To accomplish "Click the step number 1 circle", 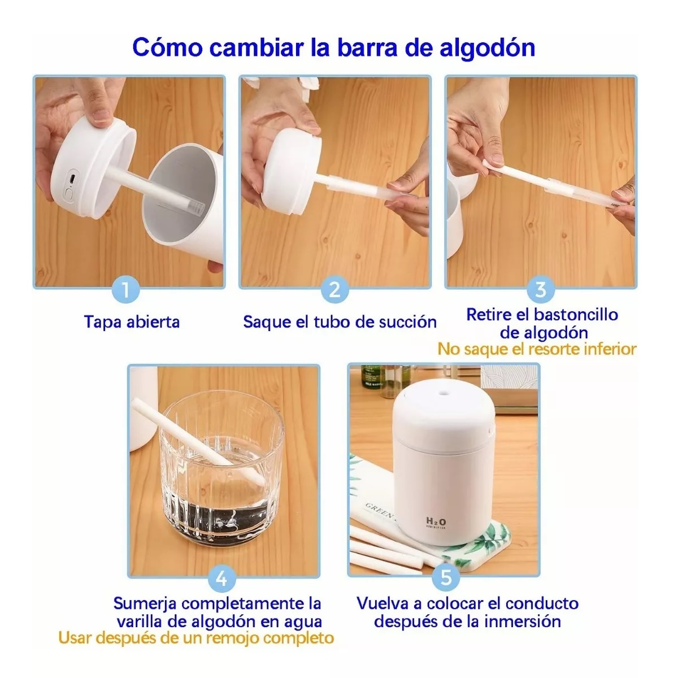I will click(x=126, y=290).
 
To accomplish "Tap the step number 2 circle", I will click(x=334, y=290).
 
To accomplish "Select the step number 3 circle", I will click(x=541, y=290).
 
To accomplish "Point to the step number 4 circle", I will click(x=221, y=577).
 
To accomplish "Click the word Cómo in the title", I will click(x=167, y=48).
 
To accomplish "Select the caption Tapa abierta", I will click(x=132, y=322).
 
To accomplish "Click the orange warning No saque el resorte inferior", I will click(x=537, y=349).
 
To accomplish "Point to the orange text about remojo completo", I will click(x=196, y=638).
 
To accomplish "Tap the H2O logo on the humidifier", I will click(x=436, y=521).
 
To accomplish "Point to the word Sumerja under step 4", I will click(x=145, y=603).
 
